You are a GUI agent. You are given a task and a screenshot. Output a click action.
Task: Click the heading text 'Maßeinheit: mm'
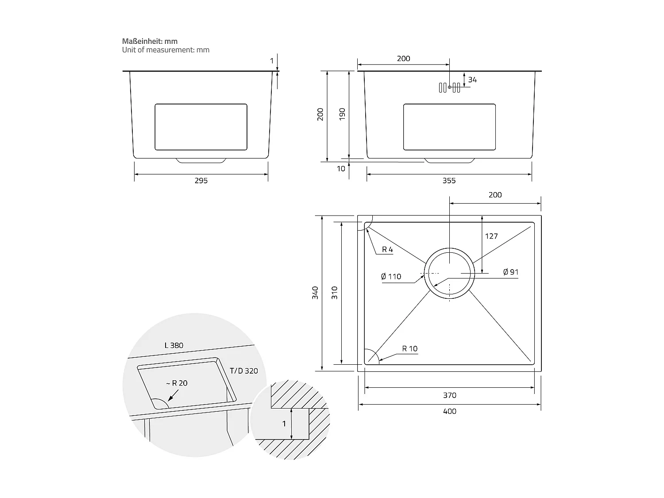[150, 41]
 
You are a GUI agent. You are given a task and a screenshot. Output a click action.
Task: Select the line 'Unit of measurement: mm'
[166, 50]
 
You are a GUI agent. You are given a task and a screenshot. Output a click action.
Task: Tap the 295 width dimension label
[201, 181]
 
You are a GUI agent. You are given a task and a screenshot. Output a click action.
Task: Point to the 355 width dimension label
[449, 181]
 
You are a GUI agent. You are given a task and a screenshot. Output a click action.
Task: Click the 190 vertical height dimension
[342, 114]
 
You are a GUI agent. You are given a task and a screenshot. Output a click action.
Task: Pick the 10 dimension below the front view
[341, 169]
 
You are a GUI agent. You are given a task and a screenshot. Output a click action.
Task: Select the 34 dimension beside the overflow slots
[472, 80]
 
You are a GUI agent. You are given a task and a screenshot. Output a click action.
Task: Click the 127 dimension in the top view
[491, 236]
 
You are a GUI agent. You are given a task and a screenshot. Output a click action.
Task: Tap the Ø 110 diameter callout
[391, 277]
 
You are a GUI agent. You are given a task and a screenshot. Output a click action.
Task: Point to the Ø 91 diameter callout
[510, 272]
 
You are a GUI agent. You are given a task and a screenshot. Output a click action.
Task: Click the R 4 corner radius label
[387, 250]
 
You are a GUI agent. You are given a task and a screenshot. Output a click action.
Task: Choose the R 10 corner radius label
[409, 349]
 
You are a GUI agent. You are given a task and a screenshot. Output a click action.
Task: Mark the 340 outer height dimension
[315, 293]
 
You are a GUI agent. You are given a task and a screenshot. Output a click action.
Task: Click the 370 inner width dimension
[449, 395]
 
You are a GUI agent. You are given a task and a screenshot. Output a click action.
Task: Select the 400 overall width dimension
[449, 411]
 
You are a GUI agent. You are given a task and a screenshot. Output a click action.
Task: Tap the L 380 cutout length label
[174, 345]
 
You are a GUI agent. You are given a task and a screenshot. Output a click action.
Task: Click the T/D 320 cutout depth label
[243, 371]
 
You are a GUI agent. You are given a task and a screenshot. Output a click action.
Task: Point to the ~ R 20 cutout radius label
[177, 383]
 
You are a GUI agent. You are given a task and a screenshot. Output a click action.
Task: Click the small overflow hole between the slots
[450, 87]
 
